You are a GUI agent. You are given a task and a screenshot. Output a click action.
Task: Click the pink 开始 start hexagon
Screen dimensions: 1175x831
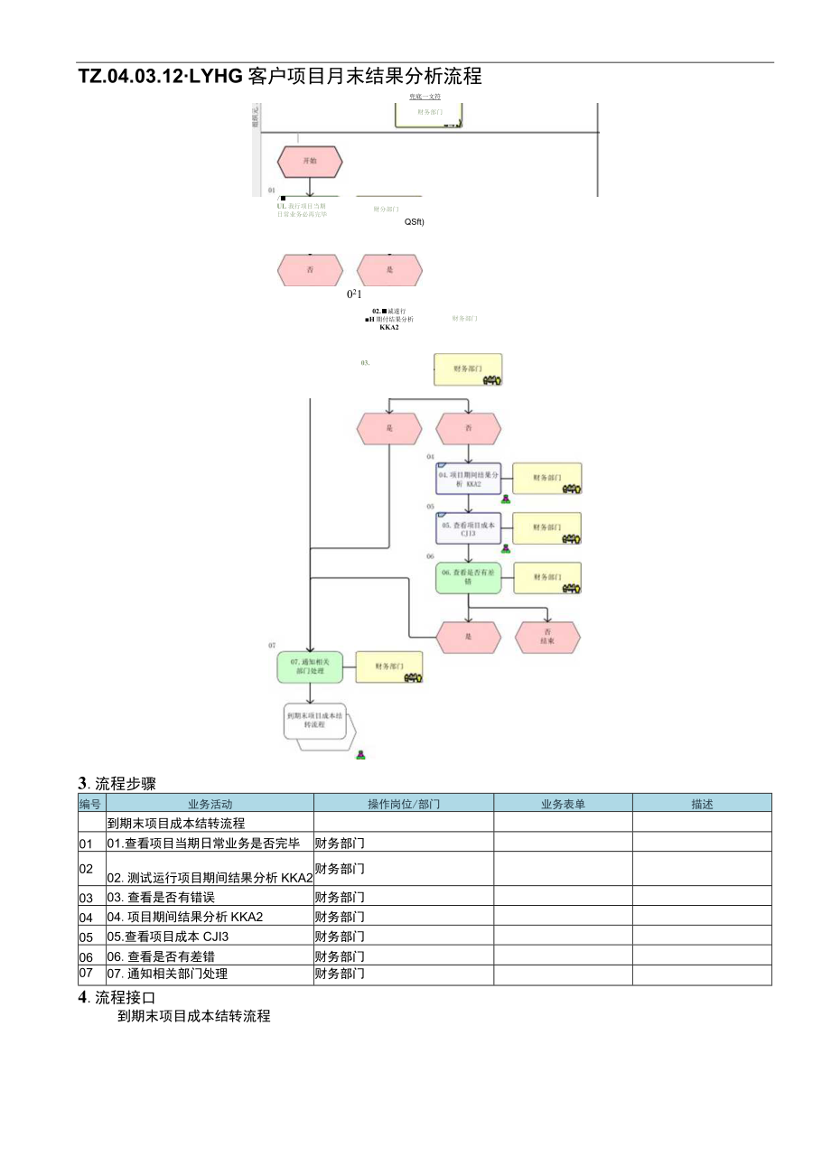coord(310,162)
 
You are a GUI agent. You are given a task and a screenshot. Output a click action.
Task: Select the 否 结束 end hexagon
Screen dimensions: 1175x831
coord(547,637)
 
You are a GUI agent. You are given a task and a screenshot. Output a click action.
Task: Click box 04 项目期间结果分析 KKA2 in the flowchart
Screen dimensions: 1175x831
coord(468,479)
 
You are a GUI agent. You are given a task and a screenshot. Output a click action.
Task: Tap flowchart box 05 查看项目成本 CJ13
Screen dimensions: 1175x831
coord(468,528)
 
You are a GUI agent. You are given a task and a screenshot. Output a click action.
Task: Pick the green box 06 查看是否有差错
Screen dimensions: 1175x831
coord(468,578)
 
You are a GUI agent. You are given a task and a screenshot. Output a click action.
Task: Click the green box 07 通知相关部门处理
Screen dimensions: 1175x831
coord(310,667)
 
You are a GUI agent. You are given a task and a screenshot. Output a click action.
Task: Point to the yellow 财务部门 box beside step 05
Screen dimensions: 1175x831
coord(547,528)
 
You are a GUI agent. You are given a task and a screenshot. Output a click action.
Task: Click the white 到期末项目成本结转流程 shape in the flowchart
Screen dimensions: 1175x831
coord(315,720)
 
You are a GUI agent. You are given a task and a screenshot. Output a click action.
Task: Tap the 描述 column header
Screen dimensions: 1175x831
coord(702,803)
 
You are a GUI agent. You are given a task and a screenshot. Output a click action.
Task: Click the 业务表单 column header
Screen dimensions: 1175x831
coord(563,803)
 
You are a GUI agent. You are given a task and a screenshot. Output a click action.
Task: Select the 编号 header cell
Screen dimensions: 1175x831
coord(90,803)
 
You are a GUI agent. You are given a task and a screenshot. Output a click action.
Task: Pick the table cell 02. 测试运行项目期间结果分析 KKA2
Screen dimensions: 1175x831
coord(210,877)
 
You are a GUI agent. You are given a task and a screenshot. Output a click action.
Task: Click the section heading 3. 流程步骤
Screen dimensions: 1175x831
coord(117,782)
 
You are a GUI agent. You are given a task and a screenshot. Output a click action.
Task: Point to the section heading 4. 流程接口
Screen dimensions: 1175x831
coord(117,997)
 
